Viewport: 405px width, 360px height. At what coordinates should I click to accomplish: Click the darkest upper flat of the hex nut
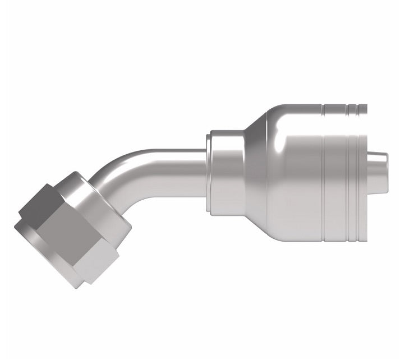coord(42,205)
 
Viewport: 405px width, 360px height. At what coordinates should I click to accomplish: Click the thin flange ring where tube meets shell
coord(209,171)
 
